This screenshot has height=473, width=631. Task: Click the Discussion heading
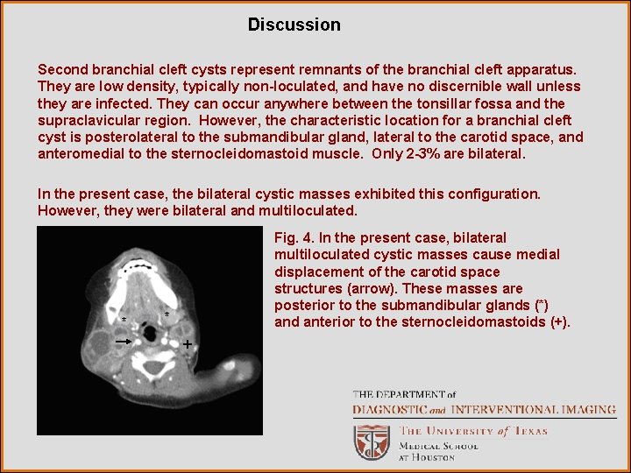coord(294,25)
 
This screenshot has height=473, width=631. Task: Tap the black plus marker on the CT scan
coord(187,346)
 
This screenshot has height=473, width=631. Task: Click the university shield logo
coord(372,441)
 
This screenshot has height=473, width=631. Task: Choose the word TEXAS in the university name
coord(529,431)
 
